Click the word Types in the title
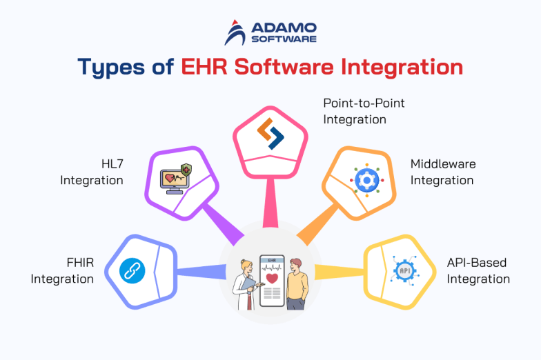tap(115, 68)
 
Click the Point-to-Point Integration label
tap(364, 111)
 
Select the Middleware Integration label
tap(442, 172)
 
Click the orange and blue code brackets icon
tap(270, 134)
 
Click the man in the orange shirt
tap(295, 283)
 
